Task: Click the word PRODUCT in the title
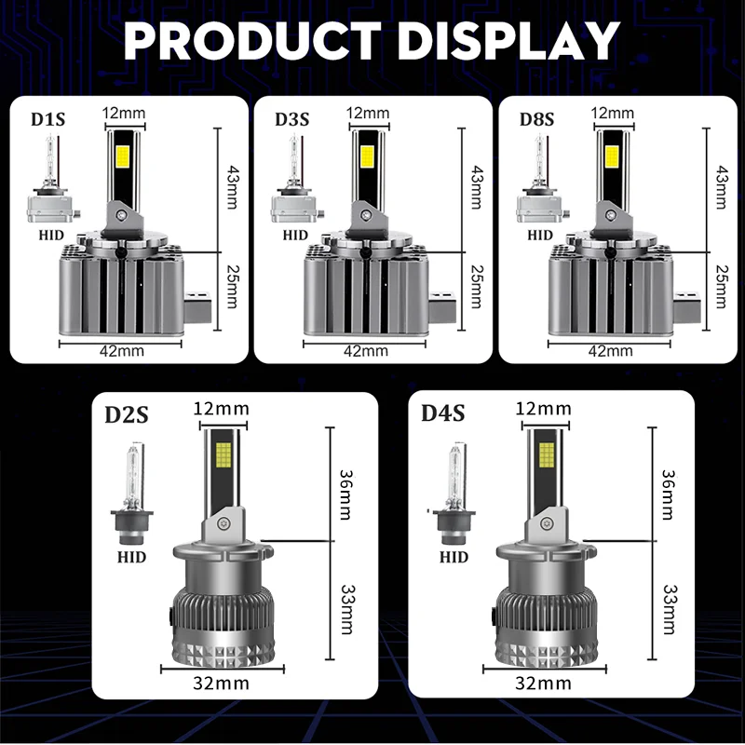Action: pos(252,41)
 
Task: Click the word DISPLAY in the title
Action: pos(508,41)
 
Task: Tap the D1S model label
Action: pos(48,119)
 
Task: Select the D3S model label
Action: pos(292,119)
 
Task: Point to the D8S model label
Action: pos(537,119)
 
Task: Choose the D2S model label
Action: pos(127,414)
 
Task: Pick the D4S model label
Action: pos(443,413)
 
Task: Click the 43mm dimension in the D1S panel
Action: pos(232,187)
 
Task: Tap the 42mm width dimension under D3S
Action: pos(366,351)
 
